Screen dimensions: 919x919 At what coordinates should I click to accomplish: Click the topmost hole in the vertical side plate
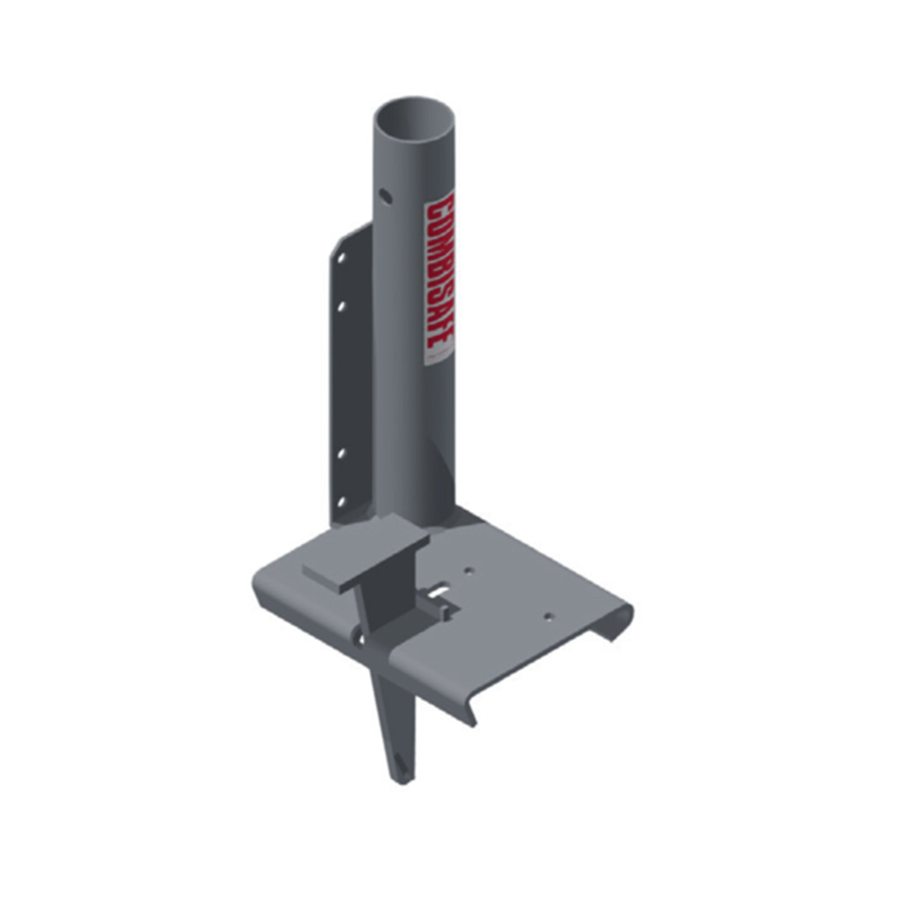341,258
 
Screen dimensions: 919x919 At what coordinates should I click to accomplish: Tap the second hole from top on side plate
341,307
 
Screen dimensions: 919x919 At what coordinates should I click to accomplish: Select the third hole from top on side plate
341,453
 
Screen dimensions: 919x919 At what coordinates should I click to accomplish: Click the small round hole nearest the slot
470,570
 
